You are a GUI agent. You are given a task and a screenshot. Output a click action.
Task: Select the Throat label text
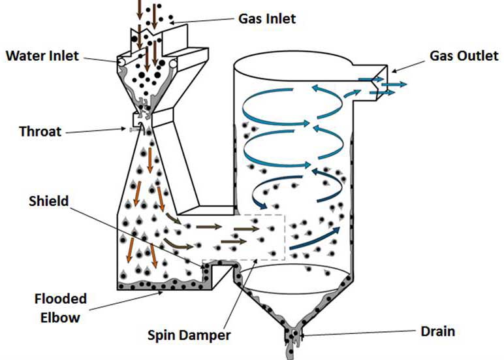tap(40, 131)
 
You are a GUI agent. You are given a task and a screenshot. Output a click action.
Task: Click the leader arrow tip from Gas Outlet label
tap(392, 71)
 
